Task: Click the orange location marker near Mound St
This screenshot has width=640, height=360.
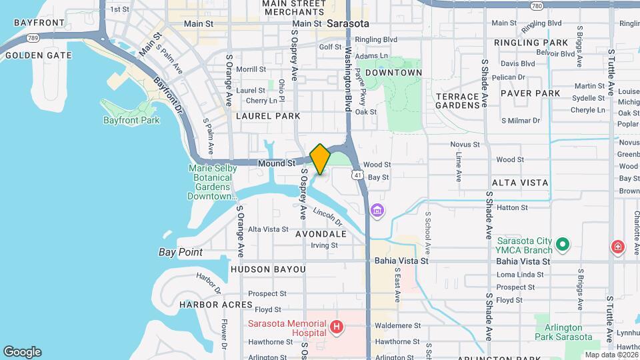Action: coord(320,159)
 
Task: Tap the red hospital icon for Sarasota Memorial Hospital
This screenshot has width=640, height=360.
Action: coord(337,327)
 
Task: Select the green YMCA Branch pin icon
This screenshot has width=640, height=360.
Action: coord(563,245)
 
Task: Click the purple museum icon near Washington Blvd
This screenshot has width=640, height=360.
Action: coord(377,211)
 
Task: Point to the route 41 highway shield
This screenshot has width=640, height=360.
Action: coord(358,175)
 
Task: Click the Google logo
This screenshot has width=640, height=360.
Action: coord(22,352)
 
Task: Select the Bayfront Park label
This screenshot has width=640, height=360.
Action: coord(131,121)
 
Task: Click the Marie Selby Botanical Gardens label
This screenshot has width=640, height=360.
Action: coord(212,182)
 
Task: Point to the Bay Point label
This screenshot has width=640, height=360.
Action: coord(181,252)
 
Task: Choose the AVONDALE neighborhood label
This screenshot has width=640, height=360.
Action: coord(321,234)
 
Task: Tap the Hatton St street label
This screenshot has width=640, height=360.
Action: coord(512,208)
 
